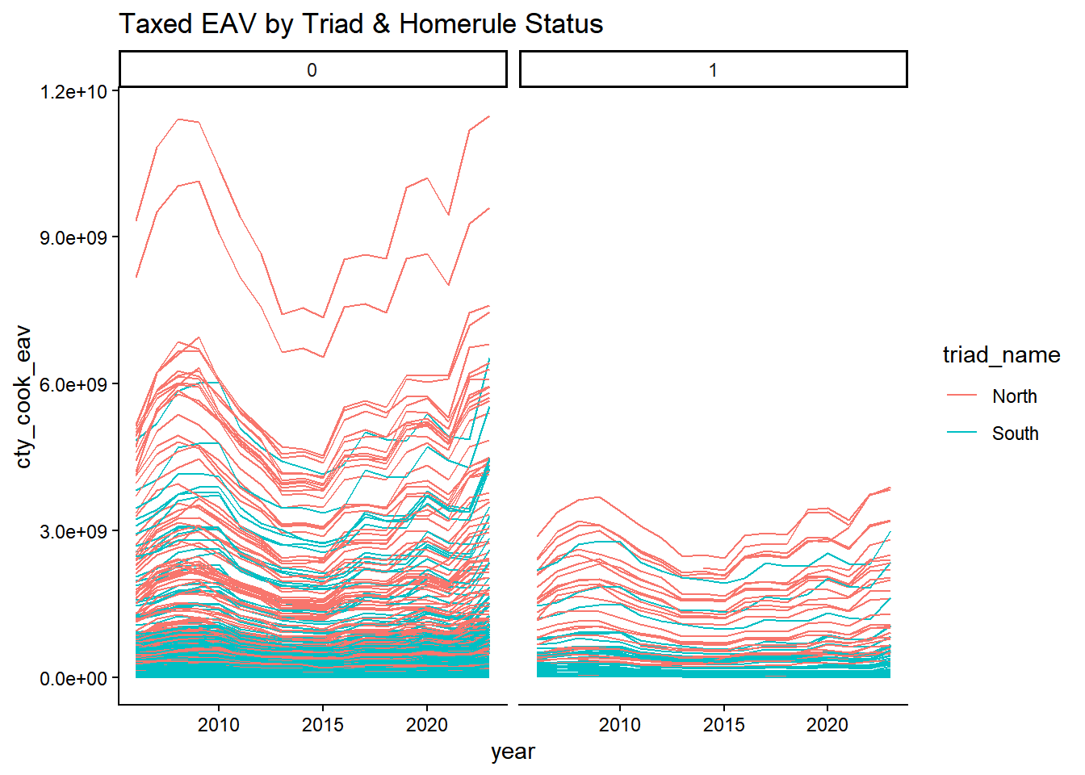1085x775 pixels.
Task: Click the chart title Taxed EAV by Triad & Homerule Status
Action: (361, 24)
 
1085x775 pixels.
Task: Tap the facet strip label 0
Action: (312, 70)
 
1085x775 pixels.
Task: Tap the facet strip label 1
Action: (713, 70)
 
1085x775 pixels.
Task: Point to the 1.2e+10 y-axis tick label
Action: (73, 91)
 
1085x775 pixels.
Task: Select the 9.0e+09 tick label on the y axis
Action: (73, 237)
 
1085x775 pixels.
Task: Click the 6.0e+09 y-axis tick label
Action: (73, 384)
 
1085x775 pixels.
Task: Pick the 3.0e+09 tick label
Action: (73, 531)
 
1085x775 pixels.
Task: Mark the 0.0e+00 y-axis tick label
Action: (73, 678)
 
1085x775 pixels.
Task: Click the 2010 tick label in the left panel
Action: (219, 725)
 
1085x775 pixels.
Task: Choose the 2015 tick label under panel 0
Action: (323, 725)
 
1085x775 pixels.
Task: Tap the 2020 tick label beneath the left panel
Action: (427, 725)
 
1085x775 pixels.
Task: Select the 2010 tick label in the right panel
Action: (619, 725)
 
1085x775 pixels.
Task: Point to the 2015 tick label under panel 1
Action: (723, 725)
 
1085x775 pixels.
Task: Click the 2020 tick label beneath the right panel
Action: (827, 725)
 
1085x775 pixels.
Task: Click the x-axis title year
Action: (513, 752)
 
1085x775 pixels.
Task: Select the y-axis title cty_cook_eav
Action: (23, 396)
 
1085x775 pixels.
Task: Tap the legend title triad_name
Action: (1001, 355)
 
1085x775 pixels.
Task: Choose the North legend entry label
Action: (1014, 396)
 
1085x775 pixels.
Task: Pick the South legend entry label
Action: (1016, 434)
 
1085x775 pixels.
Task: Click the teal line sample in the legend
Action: (962, 432)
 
